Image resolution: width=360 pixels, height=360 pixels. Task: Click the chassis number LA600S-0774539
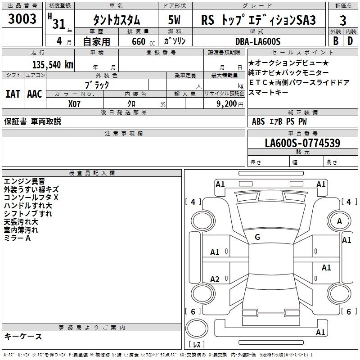pyautogui.click(x=302, y=143)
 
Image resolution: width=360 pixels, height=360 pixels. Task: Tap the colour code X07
pyautogui.click(x=75, y=103)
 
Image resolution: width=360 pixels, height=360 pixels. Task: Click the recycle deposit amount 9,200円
pyautogui.click(x=229, y=103)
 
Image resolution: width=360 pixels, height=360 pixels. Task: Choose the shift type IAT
pyautogui.click(x=13, y=94)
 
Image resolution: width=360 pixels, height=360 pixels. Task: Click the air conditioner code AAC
pyautogui.click(x=34, y=94)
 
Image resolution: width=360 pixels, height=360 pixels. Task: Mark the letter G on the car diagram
pyautogui.click(x=257, y=237)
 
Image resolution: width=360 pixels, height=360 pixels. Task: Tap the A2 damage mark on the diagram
pyautogui.click(x=215, y=279)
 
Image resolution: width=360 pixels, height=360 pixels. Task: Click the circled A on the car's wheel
pyautogui.click(x=339, y=221)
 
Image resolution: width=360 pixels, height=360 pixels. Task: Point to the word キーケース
pyautogui.click(x=23, y=336)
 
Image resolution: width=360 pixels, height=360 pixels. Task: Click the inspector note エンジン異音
pyautogui.click(x=24, y=181)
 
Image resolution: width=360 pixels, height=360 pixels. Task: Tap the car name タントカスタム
pyautogui.click(x=116, y=20)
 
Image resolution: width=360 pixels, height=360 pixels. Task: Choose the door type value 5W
pyautogui.click(x=175, y=20)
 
